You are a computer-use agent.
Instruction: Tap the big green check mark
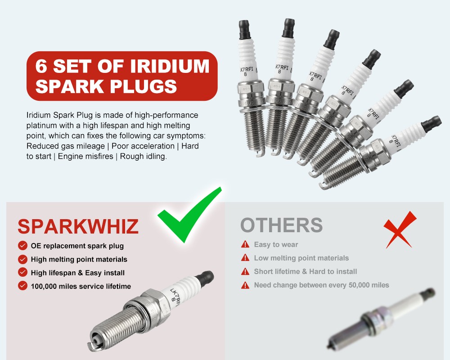point(189,216)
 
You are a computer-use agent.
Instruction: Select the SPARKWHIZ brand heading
point(78,226)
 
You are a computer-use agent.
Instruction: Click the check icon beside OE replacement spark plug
point(22,246)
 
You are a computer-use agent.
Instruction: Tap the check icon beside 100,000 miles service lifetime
point(22,286)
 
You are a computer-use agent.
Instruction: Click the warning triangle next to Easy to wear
point(245,244)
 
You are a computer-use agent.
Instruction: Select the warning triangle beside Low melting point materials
point(245,258)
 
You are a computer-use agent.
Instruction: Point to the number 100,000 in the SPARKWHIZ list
point(47,286)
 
